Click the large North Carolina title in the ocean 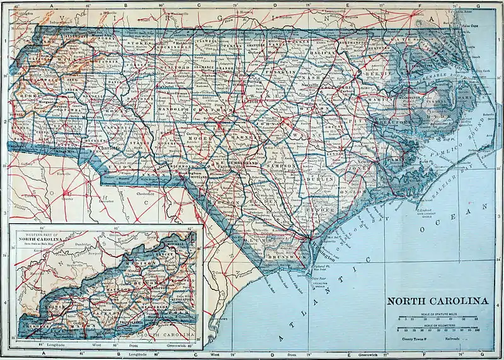(437, 301)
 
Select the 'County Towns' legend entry (416, 339)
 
